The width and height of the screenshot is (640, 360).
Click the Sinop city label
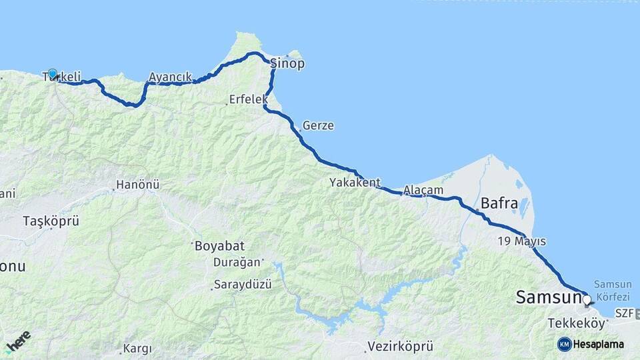288,64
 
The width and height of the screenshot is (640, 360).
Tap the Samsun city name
548,298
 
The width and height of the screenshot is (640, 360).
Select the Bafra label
499,204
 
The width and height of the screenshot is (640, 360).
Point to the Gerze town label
318,125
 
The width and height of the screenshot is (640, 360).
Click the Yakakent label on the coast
355,182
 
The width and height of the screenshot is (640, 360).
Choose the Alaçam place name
423,191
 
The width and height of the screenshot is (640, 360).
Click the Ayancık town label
170,77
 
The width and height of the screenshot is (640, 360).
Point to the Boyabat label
218,245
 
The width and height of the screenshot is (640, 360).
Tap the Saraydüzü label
243,285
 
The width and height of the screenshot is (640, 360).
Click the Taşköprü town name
51,221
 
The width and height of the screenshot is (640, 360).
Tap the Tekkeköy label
577,323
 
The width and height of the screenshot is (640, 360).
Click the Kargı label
138,349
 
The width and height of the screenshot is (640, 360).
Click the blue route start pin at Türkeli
52,73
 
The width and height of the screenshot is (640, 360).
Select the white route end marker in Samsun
587,300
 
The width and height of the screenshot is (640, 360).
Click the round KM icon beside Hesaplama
564,344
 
